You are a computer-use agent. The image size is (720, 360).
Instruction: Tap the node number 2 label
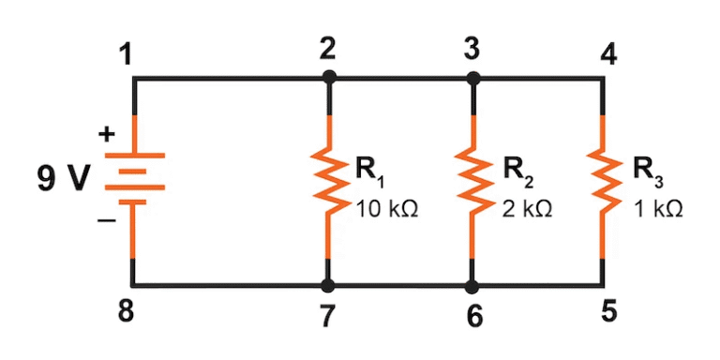tap(327, 49)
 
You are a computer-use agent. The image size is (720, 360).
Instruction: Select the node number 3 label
tap(472, 49)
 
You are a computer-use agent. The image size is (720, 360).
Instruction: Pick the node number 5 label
tap(608, 310)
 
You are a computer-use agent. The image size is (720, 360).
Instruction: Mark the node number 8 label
tap(126, 310)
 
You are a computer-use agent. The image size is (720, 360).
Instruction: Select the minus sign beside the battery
tap(107, 221)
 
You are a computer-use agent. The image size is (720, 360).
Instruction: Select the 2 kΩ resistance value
tap(526, 209)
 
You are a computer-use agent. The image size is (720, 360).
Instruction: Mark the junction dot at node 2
tap(328, 79)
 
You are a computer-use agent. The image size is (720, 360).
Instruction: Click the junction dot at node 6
tap(472, 284)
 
